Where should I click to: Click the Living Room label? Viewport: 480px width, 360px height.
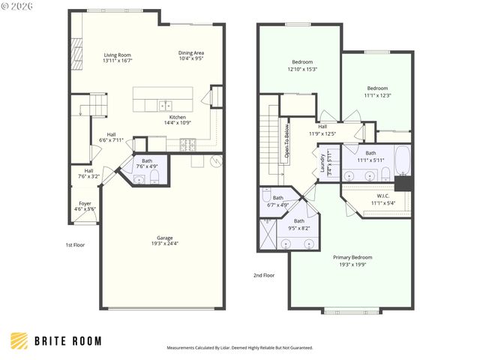coord(118,55)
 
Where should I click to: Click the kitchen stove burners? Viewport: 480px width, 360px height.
coord(186,142)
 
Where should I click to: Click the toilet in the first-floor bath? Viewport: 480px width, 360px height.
coord(154,177)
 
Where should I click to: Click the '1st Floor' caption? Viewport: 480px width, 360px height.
coord(75,244)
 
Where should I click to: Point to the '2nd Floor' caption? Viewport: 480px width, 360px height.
coord(264,275)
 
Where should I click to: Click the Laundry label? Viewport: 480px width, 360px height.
coord(322,162)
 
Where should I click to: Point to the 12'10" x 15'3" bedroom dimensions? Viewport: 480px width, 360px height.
coord(302,69)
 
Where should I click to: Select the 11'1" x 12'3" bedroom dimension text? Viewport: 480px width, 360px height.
coord(378,95)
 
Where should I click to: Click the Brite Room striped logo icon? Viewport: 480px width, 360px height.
coord(19,340)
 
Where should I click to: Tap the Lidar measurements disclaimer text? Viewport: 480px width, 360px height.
coord(239,348)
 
